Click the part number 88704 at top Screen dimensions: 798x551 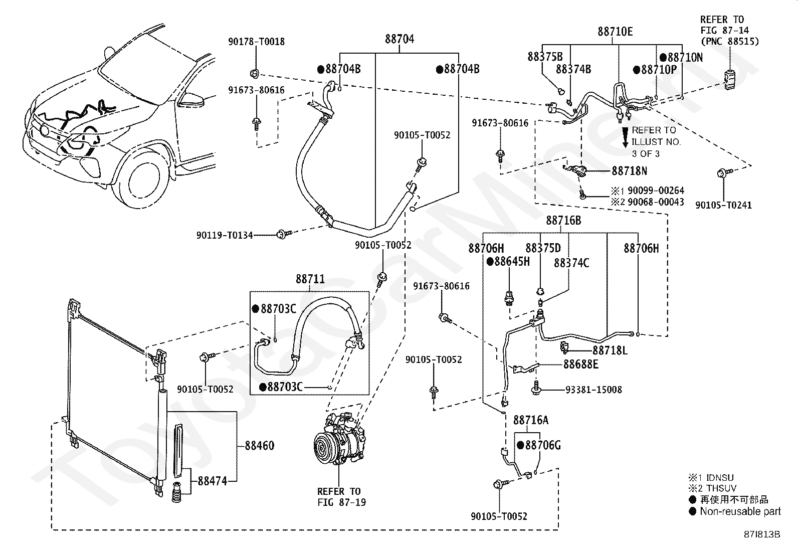click(400, 39)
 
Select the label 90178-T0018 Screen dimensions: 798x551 click(257, 42)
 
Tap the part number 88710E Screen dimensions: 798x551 click(615, 32)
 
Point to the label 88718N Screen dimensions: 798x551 click(630, 171)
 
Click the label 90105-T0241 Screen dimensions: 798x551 click(723, 205)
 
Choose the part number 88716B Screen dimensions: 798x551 click(563, 221)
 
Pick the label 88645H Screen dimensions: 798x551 click(512, 262)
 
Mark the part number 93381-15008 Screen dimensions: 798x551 click(593, 390)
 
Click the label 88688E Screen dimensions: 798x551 click(580, 364)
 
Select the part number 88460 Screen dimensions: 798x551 click(259, 446)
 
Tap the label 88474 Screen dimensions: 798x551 click(213, 481)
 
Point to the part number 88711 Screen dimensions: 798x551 click(310, 279)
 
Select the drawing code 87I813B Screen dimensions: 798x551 click(762, 534)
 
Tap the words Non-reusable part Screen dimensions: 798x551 click(740, 511)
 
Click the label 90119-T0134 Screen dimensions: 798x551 click(225, 235)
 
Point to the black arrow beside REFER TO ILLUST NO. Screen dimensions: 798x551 click(625, 137)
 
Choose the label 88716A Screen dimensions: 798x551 click(531, 421)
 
